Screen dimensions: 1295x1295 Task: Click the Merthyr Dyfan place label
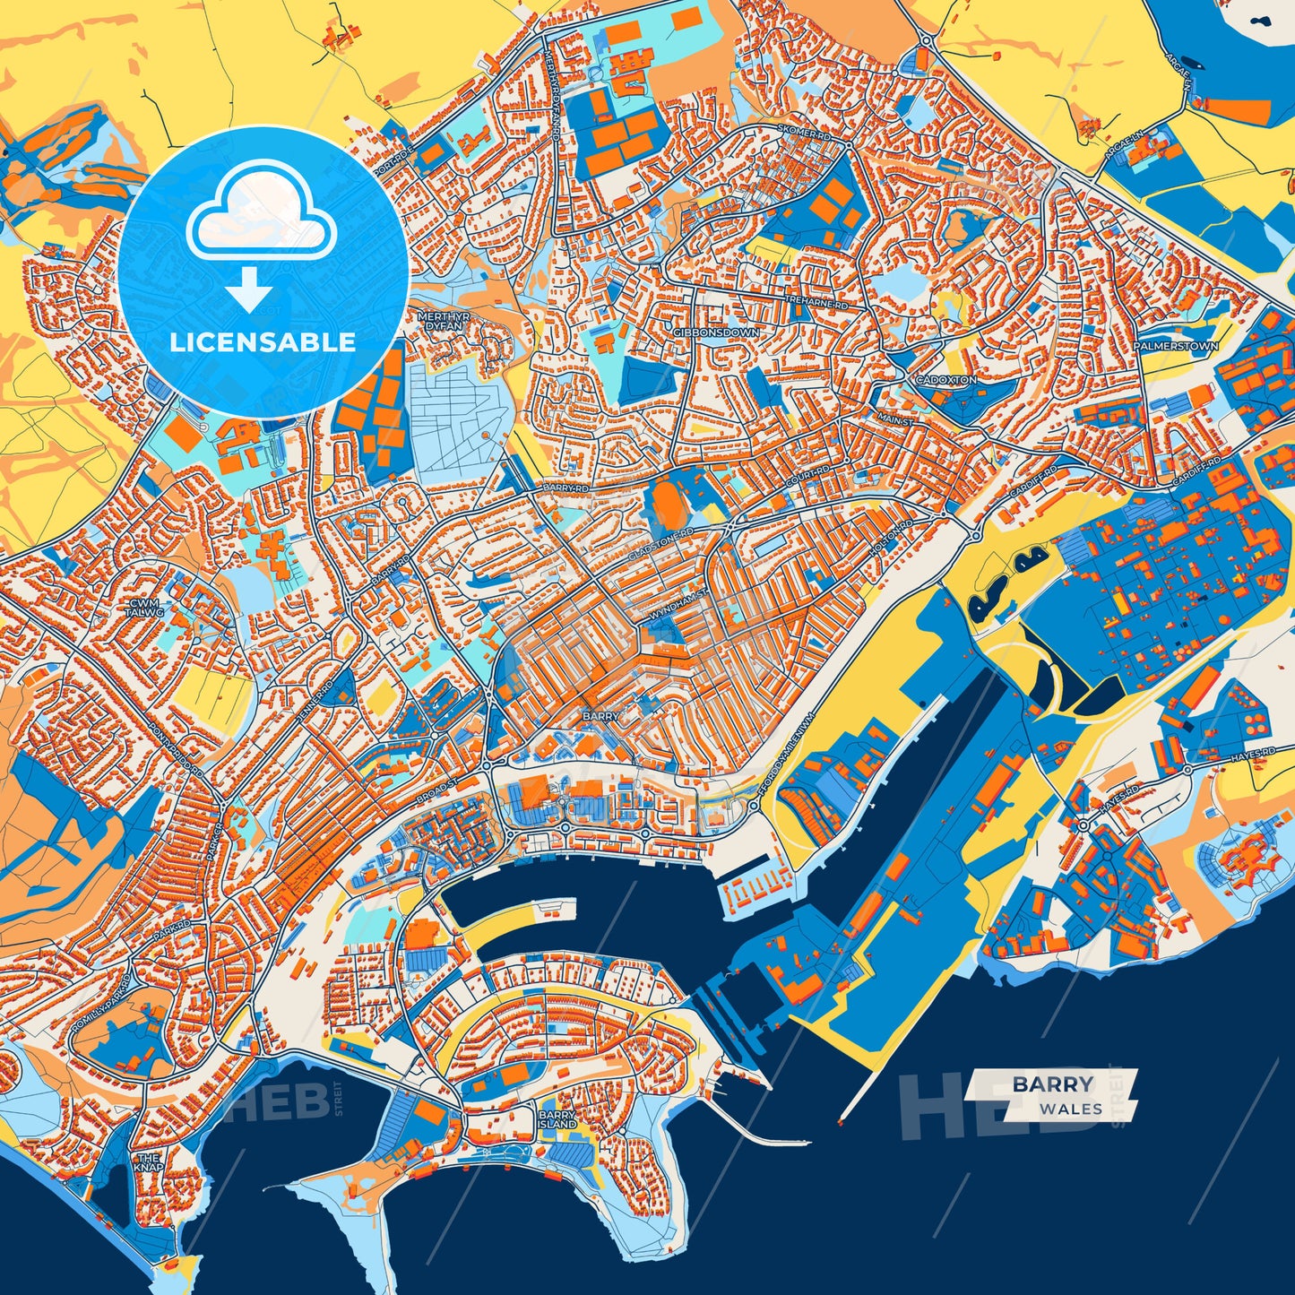(440, 322)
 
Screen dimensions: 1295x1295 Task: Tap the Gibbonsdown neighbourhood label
(715, 332)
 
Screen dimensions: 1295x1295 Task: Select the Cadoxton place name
(945, 380)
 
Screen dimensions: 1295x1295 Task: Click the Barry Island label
(557, 1119)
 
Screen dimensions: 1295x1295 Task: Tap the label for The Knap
(149, 1162)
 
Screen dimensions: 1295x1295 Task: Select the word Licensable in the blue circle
(263, 342)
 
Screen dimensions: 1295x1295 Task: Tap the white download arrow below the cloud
(249, 292)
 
